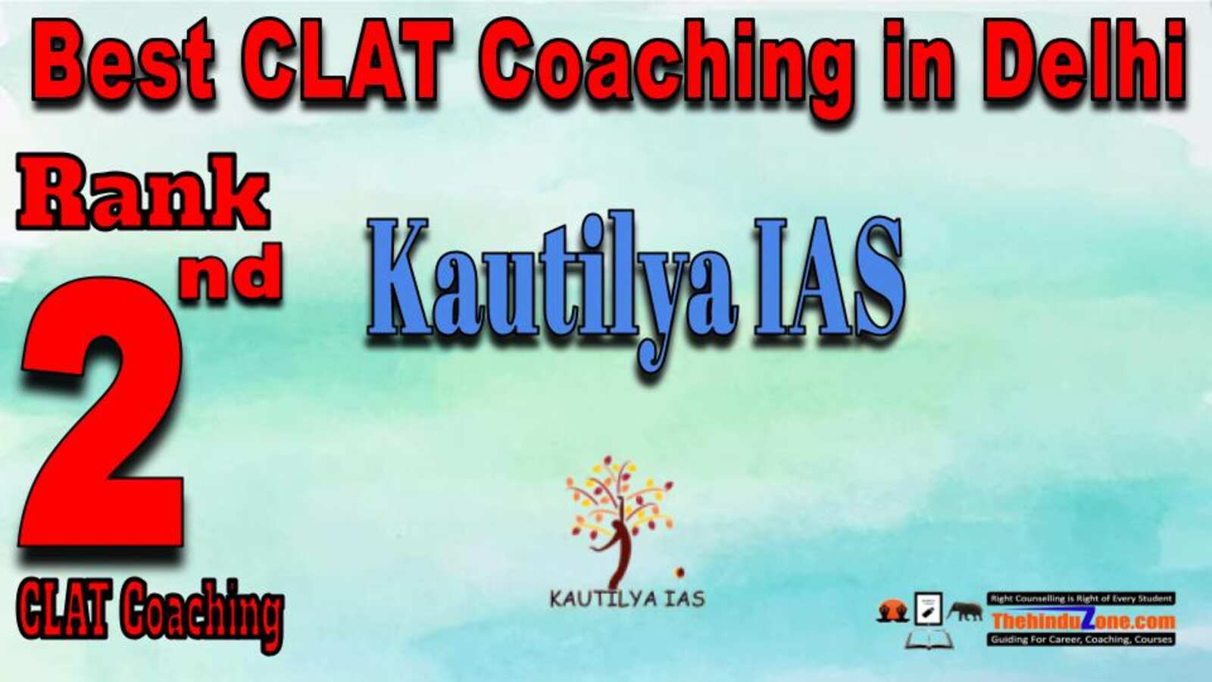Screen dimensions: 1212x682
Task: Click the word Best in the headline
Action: click(x=123, y=61)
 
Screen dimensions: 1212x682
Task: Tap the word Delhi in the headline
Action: click(x=1088, y=60)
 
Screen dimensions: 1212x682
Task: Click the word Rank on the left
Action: click(x=143, y=192)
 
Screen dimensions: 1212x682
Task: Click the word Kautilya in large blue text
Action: click(x=553, y=287)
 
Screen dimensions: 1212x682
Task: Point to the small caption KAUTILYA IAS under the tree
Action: click(x=627, y=599)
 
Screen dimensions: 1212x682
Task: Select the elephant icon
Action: click(x=965, y=611)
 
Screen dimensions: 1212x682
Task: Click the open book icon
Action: click(x=929, y=640)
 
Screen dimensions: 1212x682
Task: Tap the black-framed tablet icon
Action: click(x=929, y=608)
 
